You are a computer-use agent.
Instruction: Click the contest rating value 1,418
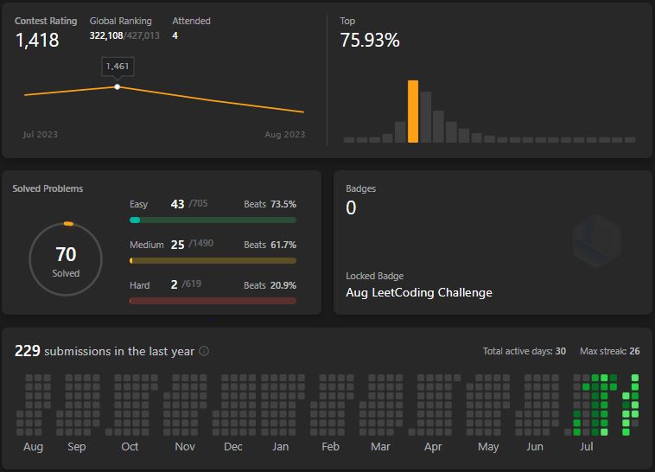37,40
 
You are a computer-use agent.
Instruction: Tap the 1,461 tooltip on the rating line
118,66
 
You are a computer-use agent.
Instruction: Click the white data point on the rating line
118,86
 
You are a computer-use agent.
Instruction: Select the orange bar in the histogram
413,111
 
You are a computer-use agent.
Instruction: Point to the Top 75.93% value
370,40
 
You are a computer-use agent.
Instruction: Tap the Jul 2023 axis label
40,135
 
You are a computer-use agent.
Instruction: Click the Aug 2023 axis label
284,135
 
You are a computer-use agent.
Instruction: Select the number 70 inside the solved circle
66,254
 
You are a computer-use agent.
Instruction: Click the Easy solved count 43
178,204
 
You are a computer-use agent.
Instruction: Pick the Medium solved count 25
178,245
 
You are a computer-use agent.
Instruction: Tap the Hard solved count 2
175,284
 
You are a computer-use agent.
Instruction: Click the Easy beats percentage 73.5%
283,205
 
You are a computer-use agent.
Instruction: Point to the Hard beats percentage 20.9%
283,285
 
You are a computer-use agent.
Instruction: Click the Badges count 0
351,207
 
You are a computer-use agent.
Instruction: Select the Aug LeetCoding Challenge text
419,292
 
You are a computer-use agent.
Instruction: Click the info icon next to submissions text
204,351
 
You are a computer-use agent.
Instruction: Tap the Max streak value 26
634,351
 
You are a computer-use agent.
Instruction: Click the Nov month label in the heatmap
185,447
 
